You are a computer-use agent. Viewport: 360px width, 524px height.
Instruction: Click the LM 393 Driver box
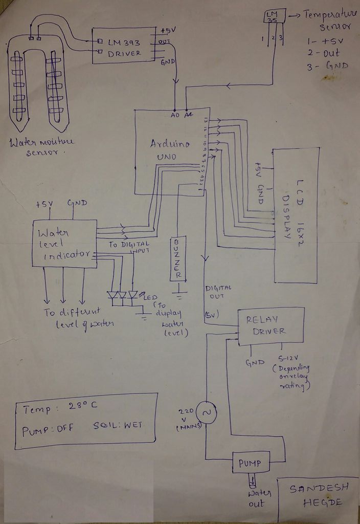(124, 46)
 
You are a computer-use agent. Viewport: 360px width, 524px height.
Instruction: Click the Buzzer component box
(178, 258)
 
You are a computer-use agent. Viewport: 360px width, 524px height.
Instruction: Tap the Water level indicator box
(64, 243)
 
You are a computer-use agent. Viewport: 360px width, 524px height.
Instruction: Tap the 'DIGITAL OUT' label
(218, 293)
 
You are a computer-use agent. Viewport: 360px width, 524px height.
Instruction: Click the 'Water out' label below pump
(257, 498)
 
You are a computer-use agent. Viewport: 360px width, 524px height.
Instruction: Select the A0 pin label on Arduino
(175, 116)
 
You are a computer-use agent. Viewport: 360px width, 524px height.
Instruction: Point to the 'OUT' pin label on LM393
(165, 42)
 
